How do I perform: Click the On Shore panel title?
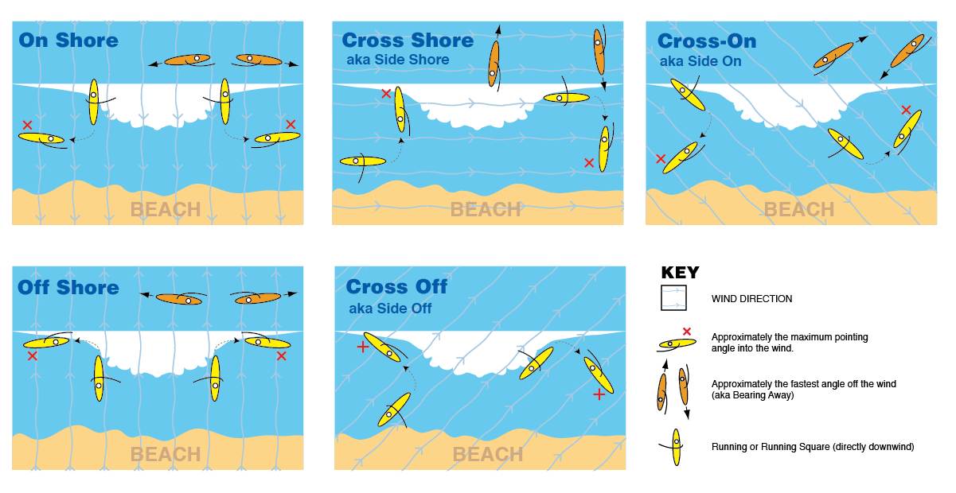(x=68, y=41)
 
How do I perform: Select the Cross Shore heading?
(x=408, y=41)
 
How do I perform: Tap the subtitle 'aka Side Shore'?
(x=398, y=60)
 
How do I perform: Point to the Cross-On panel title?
(x=707, y=41)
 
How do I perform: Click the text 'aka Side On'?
(x=700, y=61)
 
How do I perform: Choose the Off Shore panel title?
(x=68, y=287)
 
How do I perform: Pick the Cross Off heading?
(x=396, y=286)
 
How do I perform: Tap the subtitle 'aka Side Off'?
(x=390, y=309)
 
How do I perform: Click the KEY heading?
(x=680, y=273)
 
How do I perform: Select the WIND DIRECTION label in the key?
(x=751, y=299)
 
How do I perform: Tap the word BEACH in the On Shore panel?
(x=166, y=210)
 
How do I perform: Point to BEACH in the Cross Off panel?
(x=488, y=455)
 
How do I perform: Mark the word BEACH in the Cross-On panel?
(x=799, y=210)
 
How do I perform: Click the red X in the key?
(x=687, y=332)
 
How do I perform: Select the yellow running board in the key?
(x=676, y=447)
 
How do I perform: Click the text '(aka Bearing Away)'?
(x=752, y=395)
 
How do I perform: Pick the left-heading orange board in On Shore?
(x=187, y=60)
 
